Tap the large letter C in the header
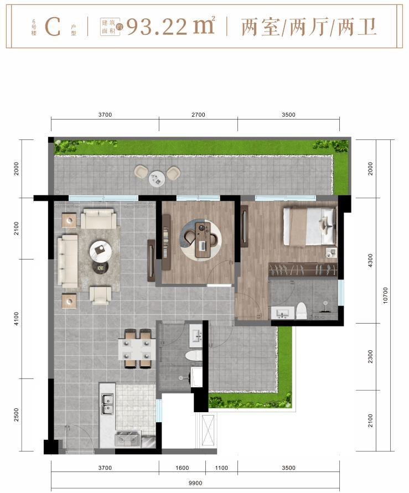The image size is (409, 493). click(x=53, y=27)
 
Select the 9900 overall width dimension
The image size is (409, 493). click(x=195, y=483)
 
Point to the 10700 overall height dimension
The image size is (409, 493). click(x=385, y=295)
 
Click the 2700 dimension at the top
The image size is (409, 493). click(x=198, y=115)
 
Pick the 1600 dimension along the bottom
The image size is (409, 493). click(x=182, y=468)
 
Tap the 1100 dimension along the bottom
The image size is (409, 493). click(x=221, y=468)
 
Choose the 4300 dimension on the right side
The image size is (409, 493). click(x=370, y=261)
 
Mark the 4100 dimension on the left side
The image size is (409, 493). click(x=17, y=319)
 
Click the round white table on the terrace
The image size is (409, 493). click(x=157, y=179)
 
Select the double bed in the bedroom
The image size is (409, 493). click(x=310, y=225)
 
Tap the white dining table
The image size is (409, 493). click(x=137, y=349)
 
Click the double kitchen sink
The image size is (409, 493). click(x=107, y=404)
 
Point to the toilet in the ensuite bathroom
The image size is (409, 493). click(x=301, y=311)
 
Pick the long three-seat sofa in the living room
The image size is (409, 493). click(x=68, y=261)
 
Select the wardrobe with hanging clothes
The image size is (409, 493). click(x=303, y=270)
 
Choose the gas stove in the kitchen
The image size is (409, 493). click(x=128, y=439)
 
